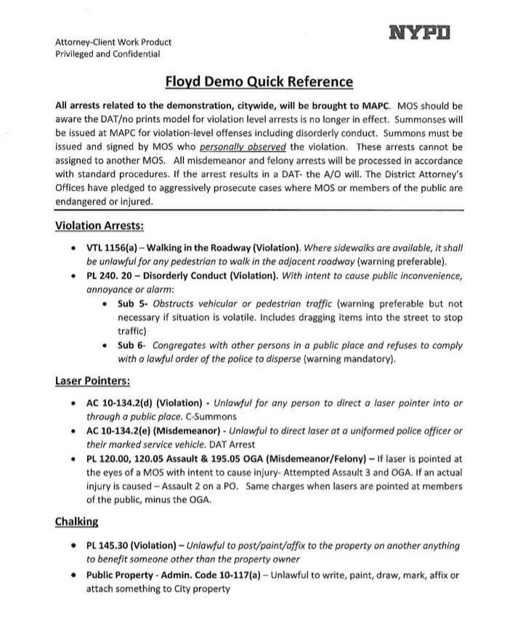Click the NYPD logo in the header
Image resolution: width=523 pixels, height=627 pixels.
[x=420, y=33]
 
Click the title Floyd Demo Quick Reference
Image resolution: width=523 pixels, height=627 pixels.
[x=259, y=81]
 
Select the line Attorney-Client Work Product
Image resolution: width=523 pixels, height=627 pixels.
[x=113, y=42]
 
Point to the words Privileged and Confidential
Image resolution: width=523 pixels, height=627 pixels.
[x=108, y=54]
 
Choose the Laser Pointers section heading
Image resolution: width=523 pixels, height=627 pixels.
[x=92, y=380]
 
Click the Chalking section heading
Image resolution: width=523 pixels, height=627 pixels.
[x=77, y=521]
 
